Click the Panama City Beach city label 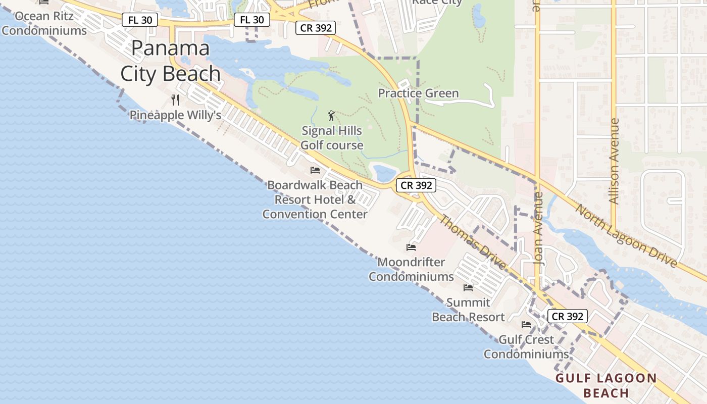[170, 61]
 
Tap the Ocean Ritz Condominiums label [44, 23]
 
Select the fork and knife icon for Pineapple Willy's [175, 99]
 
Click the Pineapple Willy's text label [175, 115]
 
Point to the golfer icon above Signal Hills [331, 116]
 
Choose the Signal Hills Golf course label [332, 138]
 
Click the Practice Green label [418, 93]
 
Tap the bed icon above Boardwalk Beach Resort [315, 170]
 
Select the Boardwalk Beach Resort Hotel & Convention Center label [315, 199]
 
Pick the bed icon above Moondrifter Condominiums [411, 247]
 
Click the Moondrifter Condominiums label [411, 269]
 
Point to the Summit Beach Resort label [468, 310]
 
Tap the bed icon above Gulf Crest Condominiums [526, 324]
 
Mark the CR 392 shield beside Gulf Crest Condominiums [568, 317]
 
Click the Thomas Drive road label [472, 242]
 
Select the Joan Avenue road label [538, 228]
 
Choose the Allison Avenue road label [614, 161]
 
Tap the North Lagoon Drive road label [626, 235]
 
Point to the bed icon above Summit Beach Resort [468, 288]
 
